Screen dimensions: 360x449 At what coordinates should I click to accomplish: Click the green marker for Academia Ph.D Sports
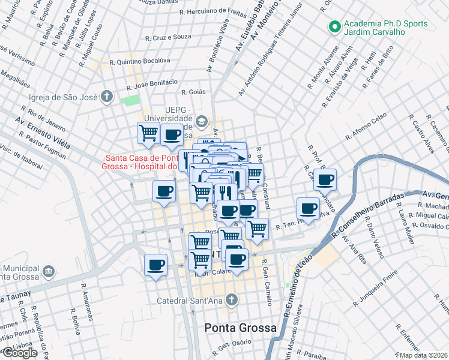click(333, 26)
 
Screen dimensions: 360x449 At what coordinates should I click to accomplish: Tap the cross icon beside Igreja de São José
click(107, 97)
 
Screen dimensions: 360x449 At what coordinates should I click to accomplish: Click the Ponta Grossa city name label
click(240, 328)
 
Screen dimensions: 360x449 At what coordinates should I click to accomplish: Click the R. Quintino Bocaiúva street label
click(140, 61)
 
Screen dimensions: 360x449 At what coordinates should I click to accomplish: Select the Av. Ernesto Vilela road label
click(41, 134)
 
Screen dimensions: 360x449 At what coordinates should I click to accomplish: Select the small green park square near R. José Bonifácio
click(129, 99)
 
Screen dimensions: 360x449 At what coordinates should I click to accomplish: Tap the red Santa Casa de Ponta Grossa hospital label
click(139, 162)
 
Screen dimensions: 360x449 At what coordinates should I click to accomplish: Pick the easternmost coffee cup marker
click(325, 179)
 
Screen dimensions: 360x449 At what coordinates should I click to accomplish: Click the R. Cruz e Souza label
click(168, 37)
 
